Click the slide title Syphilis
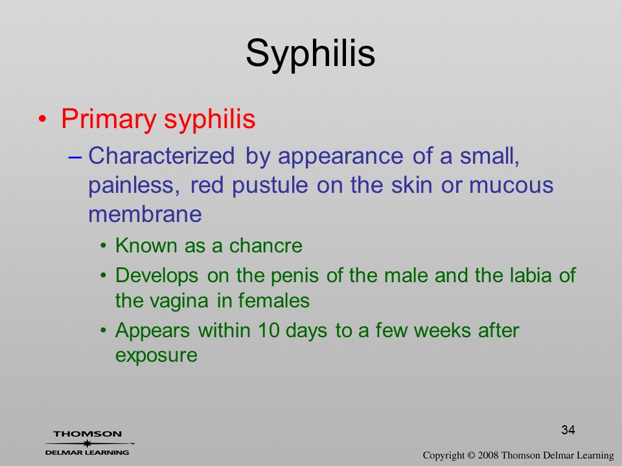[x=310, y=54]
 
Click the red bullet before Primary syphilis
[x=43, y=119]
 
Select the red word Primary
[x=109, y=119]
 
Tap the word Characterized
[x=161, y=155]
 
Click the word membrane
[x=144, y=214]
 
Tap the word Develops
[x=157, y=276]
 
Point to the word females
[x=273, y=300]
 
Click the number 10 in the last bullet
[x=268, y=331]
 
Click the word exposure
[x=156, y=356]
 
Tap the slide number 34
[x=568, y=430]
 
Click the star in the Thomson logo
[x=87, y=443]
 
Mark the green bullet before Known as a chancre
[x=104, y=247]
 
